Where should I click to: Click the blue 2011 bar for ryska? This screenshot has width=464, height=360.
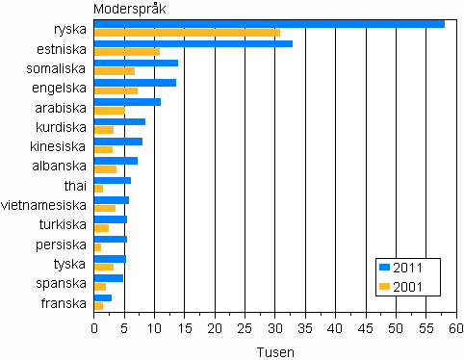pos(270,23)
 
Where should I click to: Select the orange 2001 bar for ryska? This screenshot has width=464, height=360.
pos(187,33)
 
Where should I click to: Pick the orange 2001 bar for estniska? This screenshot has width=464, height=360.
pos(127,52)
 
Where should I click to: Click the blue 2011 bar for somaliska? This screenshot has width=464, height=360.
pos(136,63)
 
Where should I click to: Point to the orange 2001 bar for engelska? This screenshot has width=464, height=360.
pos(116,91)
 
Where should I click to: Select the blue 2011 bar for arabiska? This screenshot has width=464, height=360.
pos(127,102)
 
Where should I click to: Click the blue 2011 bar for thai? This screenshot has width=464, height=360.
pos(112,180)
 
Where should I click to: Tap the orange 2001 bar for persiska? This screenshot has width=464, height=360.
pos(97,247)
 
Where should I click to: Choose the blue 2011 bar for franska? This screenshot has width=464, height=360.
pos(103,297)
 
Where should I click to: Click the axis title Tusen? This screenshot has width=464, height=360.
pos(275,351)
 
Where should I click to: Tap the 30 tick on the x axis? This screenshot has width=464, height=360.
pos(275,329)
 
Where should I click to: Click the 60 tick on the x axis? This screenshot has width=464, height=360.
pos(455,329)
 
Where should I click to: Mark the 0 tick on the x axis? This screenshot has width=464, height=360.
pos(94,329)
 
